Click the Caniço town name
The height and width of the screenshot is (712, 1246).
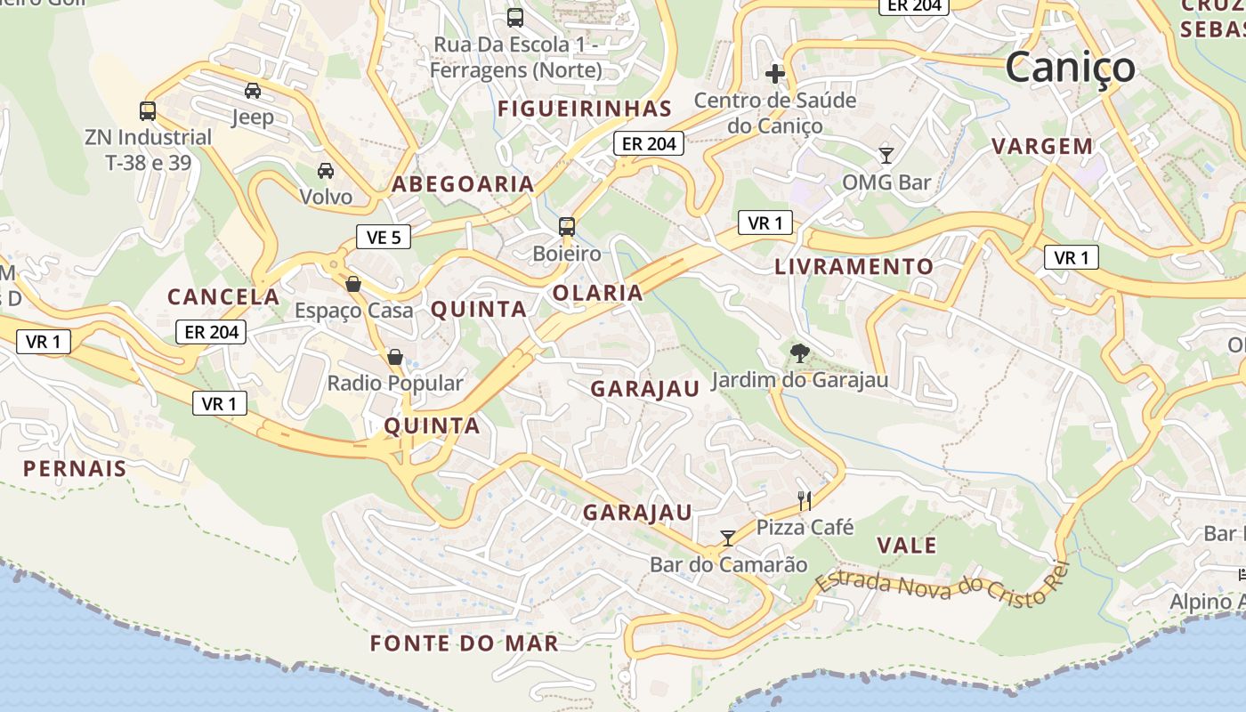pos(1071,67)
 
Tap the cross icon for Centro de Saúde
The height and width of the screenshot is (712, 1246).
pos(775,73)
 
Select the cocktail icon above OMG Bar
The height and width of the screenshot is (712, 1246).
pos(886,156)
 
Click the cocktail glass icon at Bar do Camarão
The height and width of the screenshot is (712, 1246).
pos(728,538)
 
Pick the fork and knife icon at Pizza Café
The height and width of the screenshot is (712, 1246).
pos(805,500)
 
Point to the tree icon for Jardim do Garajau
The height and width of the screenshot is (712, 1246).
pos(799,353)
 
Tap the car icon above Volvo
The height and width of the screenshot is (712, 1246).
pos(326,170)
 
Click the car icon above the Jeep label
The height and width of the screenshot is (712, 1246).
pos(253,90)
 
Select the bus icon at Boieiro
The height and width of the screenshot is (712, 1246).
pos(567,226)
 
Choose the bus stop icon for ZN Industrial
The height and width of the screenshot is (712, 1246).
pos(148,111)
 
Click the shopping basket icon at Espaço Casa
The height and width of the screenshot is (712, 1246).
pos(353,284)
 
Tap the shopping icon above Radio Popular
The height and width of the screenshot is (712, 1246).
pos(395,357)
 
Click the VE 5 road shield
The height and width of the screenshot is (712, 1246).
pos(384,237)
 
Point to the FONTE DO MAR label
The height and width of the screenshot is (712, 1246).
pos(465,643)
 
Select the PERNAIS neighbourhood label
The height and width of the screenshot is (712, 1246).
pos(75,468)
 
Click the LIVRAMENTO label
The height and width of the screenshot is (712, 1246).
pos(854,266)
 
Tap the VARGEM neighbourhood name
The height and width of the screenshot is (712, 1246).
pos(1042,146)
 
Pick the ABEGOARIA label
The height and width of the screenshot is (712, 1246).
pos(463,184)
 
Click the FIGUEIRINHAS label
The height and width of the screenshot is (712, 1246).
pos(585,109)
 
